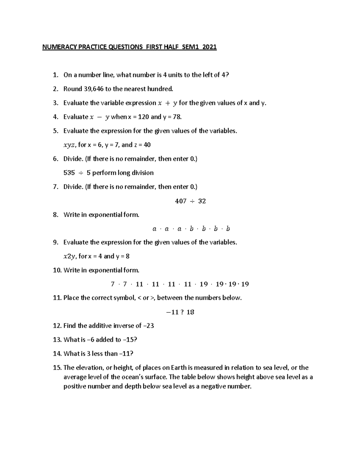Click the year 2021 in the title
(209, 47)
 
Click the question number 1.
(55, 75)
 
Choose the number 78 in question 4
(177, 117)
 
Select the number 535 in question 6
(69, 173)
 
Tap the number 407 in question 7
(181, 201)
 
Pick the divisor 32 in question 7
(202, 201)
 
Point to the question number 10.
(57, 270)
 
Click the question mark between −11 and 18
(182, 312)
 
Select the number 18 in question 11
(190, 312)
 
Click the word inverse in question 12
(123, 326)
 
